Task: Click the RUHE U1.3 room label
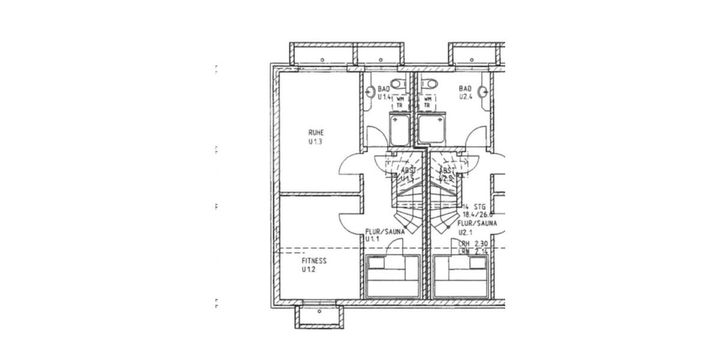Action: tap(316, 137)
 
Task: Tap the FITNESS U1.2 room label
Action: tap(314, 265)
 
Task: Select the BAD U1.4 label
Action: tap(385, 92)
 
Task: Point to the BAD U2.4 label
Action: tap(466, 92)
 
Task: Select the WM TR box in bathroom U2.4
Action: tap(428, 102)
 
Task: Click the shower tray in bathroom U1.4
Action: tap(400, 130)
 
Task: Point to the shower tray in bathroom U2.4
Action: tap(430, 130)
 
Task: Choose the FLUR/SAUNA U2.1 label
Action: tap(478, 227)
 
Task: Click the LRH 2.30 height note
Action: tap(472, 244)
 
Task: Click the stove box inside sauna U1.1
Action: tap(376, 263)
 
